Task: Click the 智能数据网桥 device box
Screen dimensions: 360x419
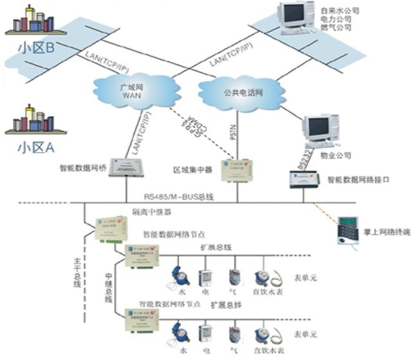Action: coord(126,167)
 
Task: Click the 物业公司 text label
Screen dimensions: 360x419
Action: coord(338,155)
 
